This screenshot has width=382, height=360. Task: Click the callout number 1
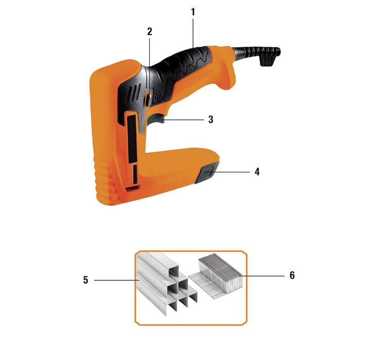point(193,12)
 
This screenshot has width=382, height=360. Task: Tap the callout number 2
point(150,31)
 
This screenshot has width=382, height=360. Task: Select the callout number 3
point(211,119)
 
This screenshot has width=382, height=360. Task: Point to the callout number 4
point(257,172)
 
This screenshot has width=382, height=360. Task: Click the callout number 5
point(85,280)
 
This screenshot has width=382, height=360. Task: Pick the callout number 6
point(292,275)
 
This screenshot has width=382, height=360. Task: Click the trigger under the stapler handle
point(156,119)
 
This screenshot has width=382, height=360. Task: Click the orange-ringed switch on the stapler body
point(148,99)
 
